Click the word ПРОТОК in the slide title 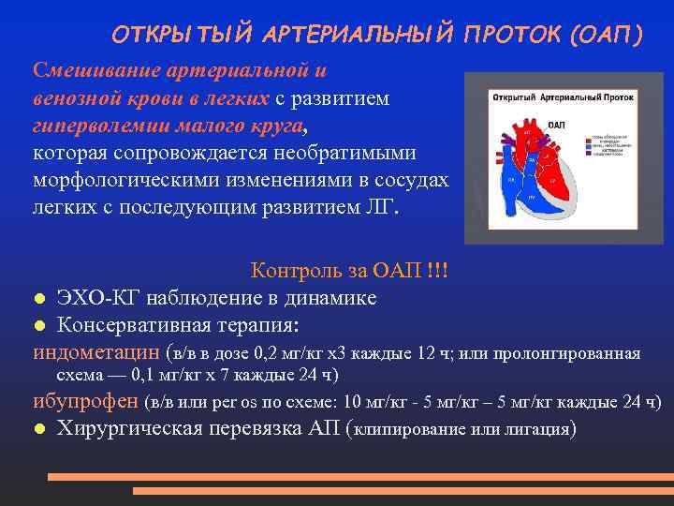[509, 35]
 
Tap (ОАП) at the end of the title [606, 35]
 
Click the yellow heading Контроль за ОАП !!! [349, 271]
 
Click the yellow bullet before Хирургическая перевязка [39, 430]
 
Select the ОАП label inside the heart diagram [555, 125]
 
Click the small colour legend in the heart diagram [608, 146]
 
